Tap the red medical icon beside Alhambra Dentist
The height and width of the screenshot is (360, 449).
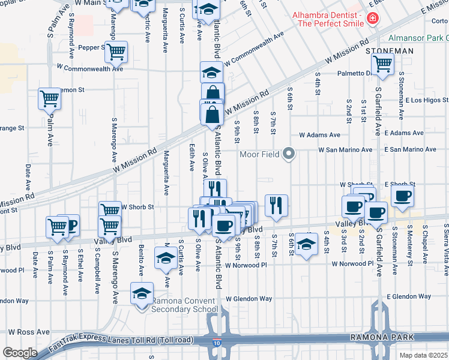(x=373, y=19)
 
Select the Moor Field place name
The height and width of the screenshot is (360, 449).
(x=260, y=154)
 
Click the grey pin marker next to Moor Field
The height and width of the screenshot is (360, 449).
(x=289, y=154)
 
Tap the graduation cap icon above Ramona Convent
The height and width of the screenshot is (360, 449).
(x=142, y=294)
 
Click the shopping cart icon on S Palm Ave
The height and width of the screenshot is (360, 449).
(x=49, y=97)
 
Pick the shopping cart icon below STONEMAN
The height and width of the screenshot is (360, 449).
(x=382, y=62)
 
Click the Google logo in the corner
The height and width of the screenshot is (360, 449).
(x=20, y=353)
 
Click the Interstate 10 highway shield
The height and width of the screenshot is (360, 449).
(x=215, y=341)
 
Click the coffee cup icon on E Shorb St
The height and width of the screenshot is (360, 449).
(x=402, y=194)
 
